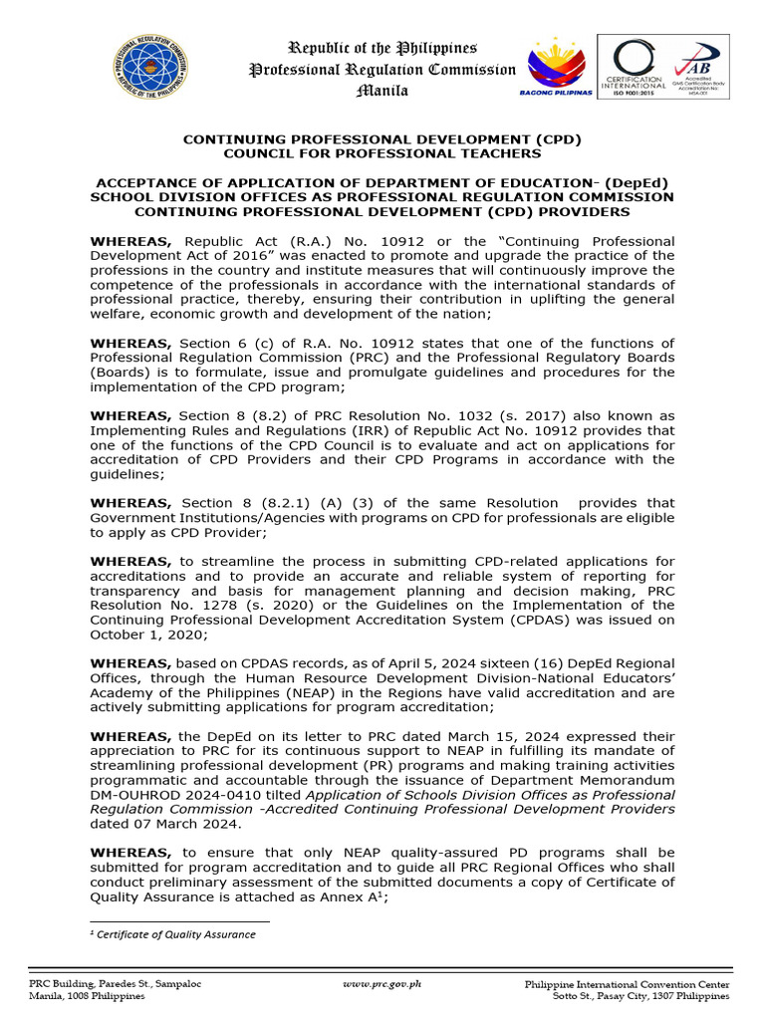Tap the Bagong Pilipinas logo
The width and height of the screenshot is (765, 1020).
[557, 68]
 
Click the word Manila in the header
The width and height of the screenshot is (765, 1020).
[382, 91]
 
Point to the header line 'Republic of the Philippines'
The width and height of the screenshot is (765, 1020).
[382, 48]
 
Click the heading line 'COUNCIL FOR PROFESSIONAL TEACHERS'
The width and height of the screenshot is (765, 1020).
[382, 154]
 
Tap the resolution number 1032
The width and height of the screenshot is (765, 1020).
[451, 416]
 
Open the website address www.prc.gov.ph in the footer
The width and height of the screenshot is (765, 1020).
[382, 983]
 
